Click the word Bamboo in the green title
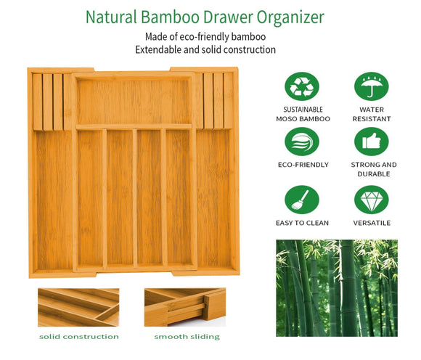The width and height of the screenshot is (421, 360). point(165,17)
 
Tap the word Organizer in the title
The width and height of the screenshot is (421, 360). point(289,17)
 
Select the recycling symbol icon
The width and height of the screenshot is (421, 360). point(302,86)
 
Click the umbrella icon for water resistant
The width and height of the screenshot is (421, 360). point(371,86)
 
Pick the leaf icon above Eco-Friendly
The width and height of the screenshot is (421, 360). point(302,142)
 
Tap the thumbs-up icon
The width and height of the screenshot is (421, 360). point(371,142)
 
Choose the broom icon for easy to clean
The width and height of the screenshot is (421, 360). point(302,200)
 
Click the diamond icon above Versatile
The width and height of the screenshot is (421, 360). point(371,200)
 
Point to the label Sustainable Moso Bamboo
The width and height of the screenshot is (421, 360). point(302,114)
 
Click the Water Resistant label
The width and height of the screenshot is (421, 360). point(371,114)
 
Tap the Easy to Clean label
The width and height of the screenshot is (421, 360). point(302,223)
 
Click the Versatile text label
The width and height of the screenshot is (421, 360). point(372,223)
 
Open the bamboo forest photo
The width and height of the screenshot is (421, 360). point(336,287)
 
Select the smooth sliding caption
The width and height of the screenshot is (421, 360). point(187,337)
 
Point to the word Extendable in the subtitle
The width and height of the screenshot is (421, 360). point(160,50)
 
